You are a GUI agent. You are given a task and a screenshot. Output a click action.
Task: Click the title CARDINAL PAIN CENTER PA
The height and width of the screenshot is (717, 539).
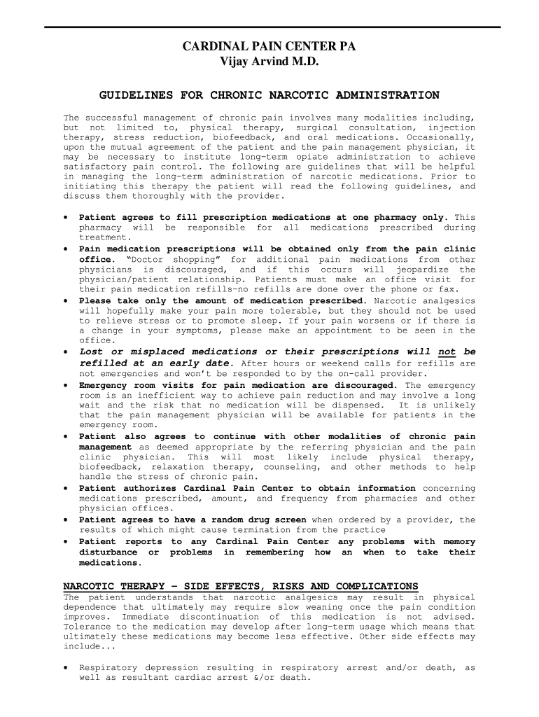click(x=269, y=47)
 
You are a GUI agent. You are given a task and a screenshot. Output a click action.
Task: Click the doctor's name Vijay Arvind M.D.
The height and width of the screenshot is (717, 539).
click(x=269, y=62)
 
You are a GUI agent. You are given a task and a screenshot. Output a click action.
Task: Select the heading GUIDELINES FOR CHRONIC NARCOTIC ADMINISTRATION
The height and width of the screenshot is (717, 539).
click(x=269, y=95)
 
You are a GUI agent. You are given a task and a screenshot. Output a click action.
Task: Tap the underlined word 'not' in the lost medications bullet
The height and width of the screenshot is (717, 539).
click(x=447, y=352)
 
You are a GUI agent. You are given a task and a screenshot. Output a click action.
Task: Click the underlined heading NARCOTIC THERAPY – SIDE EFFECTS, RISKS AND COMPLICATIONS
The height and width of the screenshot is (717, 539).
click(x=241, y=586)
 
